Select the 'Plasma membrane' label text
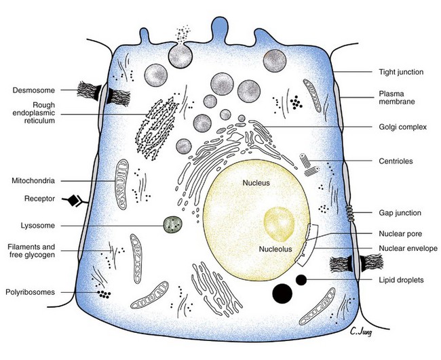coord(397,98)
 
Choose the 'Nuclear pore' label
coord(398,234)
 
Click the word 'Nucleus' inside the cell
coord(258,182)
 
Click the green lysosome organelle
coord(173,224)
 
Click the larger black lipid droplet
coord(282,293)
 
